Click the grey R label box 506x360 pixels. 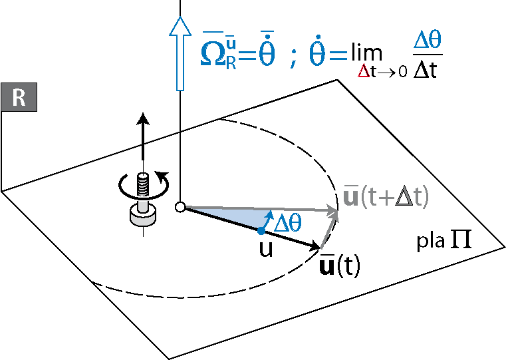[x=19, y=98]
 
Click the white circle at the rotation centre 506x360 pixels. [x=179, y=207]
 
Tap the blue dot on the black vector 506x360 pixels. [x=261, y=231]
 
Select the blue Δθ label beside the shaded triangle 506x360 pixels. [x=288, y=222]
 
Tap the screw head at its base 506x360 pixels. [x=142, y=214]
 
